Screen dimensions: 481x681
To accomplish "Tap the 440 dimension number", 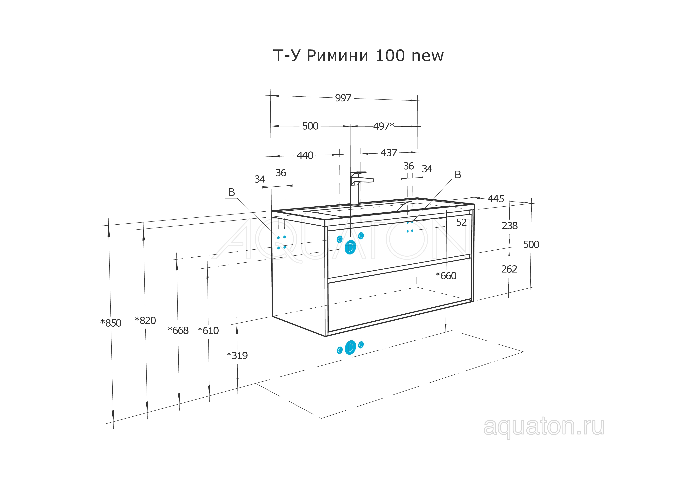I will [305, 155].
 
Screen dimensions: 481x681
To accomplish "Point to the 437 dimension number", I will [389, 153].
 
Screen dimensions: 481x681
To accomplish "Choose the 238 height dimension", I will [510, 226].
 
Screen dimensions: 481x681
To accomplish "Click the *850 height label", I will [111, 323].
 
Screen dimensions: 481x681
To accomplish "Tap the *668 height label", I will [178, 330].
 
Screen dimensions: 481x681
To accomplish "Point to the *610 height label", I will [208, 331].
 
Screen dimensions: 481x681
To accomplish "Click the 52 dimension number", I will [461, 223].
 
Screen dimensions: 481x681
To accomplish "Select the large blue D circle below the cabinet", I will [350, 347].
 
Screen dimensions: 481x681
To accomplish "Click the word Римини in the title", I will [338, 55].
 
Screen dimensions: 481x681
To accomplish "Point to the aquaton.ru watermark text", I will [544, 427].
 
